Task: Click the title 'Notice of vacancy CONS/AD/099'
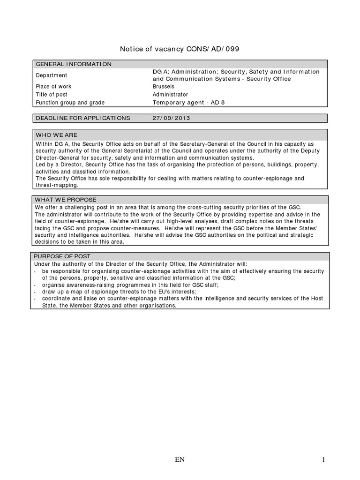180,49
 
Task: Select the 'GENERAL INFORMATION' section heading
74,64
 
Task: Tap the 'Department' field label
52,75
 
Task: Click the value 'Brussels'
164,87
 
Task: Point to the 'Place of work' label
53,87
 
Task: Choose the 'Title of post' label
52,95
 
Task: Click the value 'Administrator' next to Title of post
171,95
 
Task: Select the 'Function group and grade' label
70,103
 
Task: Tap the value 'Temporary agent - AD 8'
188,103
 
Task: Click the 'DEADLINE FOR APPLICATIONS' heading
83,118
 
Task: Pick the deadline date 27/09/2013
171,118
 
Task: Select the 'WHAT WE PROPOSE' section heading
66,200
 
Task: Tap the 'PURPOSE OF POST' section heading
63,256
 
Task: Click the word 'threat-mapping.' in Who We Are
57,185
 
